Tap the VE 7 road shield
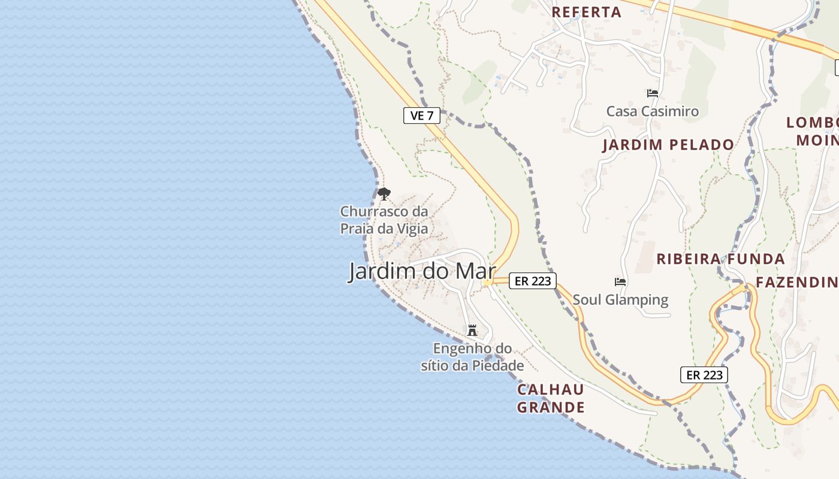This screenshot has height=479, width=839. point(422,116)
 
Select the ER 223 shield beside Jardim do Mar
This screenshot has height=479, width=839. point(533,280)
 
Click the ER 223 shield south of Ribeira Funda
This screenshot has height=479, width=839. point(704,375)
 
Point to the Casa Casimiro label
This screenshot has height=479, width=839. point(653,111)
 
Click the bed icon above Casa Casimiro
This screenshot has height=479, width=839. point(653,93)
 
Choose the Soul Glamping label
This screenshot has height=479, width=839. point(620,299)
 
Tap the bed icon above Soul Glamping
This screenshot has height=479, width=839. point(620,281)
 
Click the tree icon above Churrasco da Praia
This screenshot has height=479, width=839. point(384,193)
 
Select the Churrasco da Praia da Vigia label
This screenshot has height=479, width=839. point(384,220)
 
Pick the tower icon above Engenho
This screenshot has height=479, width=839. point(472,330)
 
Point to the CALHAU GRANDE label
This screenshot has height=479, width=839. point(551,398)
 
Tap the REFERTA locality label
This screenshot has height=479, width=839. point(586,12)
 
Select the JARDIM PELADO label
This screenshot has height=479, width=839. point(668,144)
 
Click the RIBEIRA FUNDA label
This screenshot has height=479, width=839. point(720,259)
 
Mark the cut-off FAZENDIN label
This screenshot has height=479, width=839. point(797,282)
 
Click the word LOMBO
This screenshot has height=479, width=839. point(812,123)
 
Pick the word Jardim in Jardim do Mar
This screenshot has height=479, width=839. point(383,271)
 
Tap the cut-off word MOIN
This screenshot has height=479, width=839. point(817,140)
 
